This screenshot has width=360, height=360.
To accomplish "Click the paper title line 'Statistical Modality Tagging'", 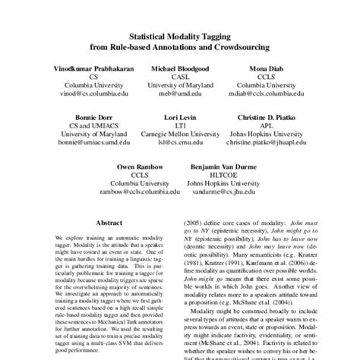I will (180, 36).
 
